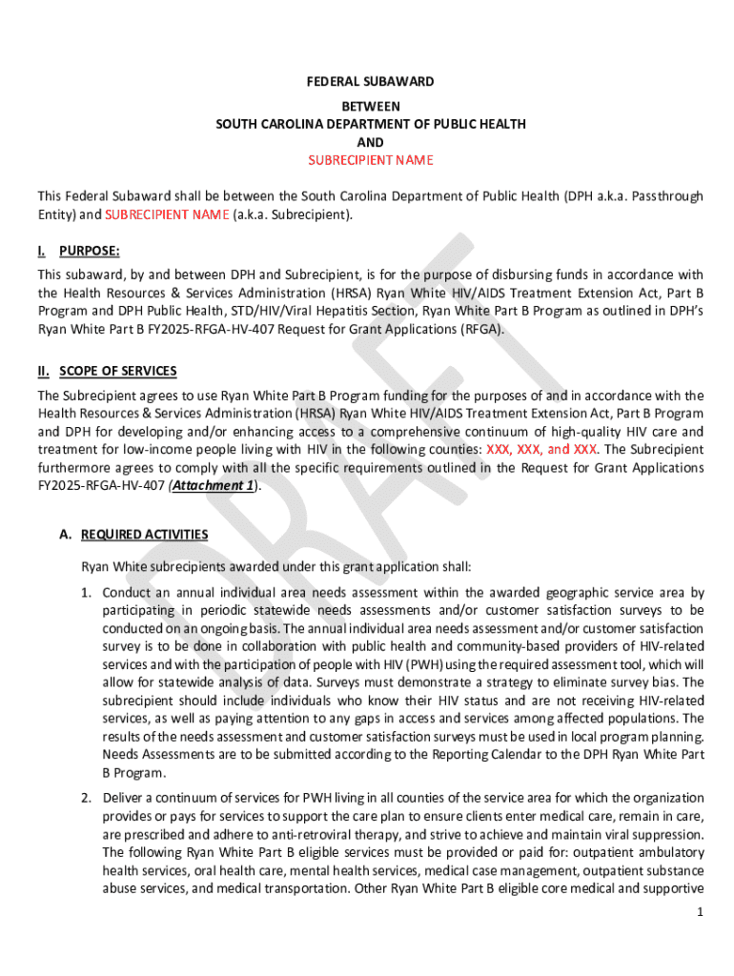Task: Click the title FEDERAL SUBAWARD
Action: click(370, 82)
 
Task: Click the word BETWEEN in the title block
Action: click(370, 106)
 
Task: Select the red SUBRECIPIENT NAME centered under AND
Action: click(370, 159)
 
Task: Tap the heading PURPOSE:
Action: click(90, 251)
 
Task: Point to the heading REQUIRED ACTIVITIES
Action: click(145, 535)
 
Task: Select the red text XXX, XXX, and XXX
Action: click(542, 449)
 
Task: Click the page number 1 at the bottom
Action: click(699, 912)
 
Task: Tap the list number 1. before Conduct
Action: click(86, 592)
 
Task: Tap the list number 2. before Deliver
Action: click(86, 798)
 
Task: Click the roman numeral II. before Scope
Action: click(44, 371)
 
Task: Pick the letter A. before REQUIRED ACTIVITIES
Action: click(66, 535)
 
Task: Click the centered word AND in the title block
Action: click(370, 142)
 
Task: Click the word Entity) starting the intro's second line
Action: click(57, 214)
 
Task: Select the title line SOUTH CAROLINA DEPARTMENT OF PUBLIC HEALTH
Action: click(370, 124)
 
